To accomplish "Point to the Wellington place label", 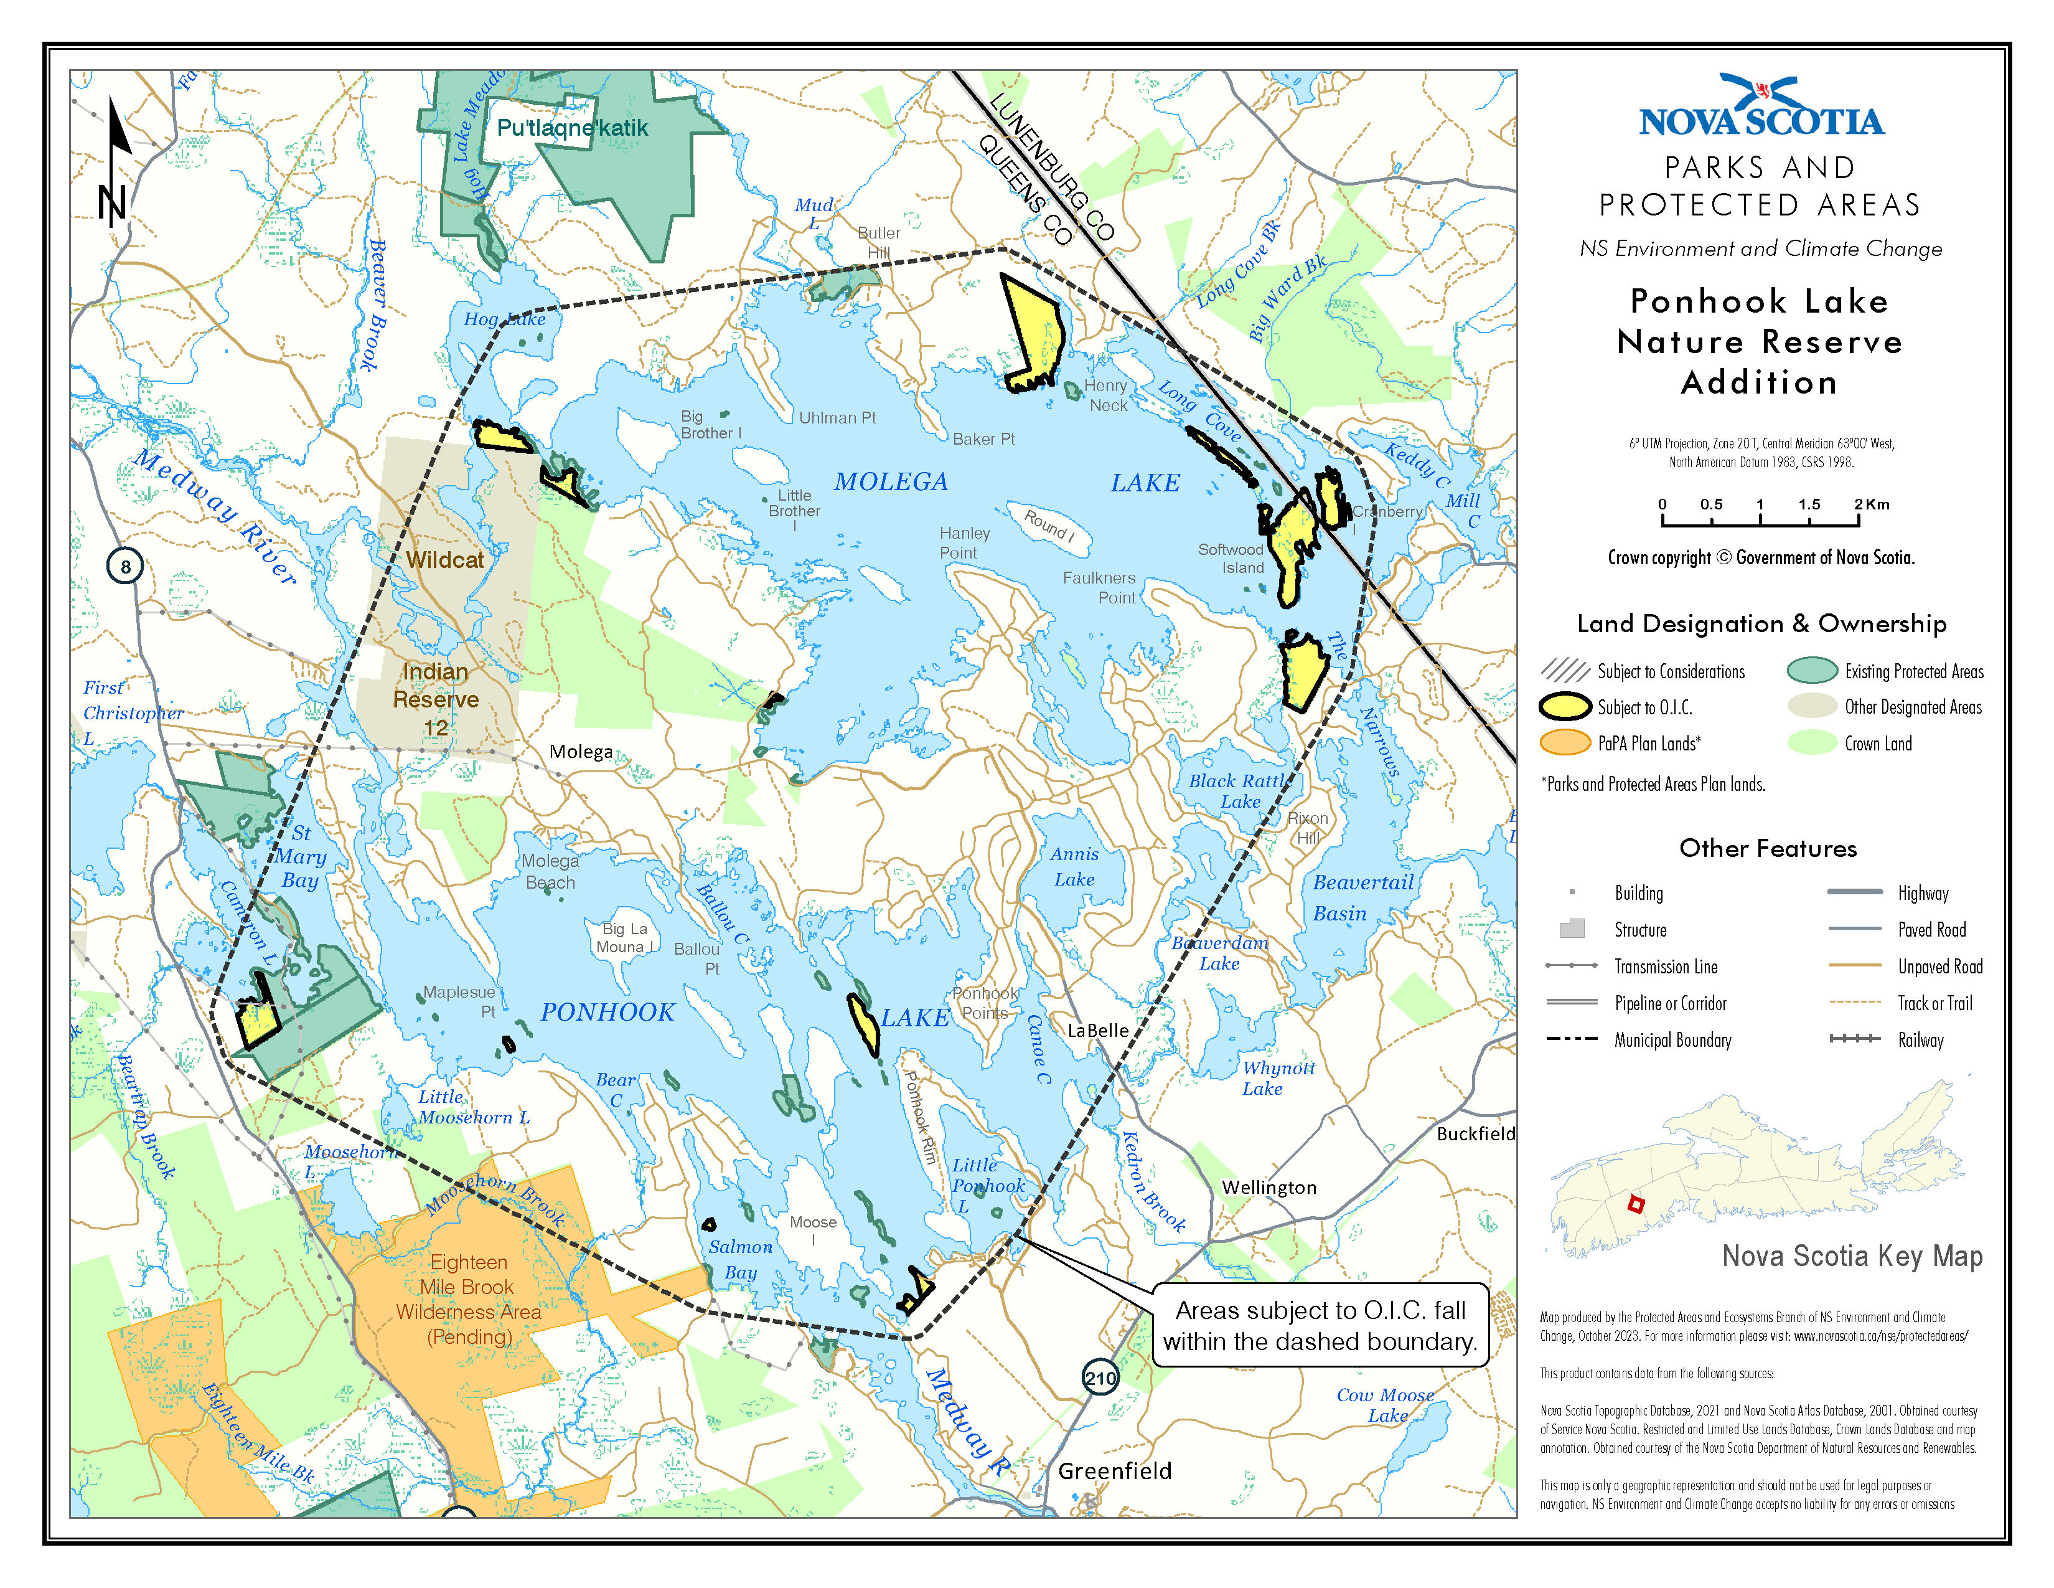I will tap(1269, 1187).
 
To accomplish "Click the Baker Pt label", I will tap(983, 439).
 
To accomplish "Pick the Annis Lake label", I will tap(1074, 866).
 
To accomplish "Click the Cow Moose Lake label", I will tap(1386, 1406).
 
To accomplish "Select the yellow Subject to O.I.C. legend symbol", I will tap(1565, 707).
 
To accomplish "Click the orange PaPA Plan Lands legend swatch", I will tap(1565, 742).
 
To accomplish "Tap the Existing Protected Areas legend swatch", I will tap(1811, 671).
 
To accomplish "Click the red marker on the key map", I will tap(1636, 1204).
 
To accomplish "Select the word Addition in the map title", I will tap(1759, 383).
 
